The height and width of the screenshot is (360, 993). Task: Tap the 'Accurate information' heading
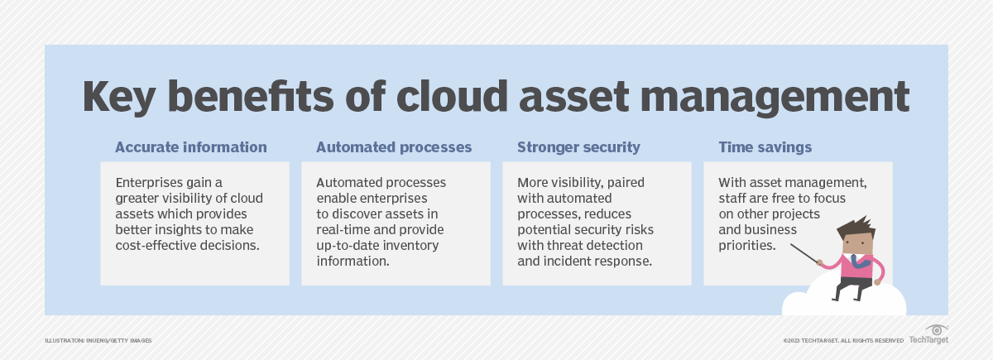coord(191,147)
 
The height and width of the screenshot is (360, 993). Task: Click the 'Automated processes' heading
coord(394,147)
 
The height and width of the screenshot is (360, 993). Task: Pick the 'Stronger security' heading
coord(578,147)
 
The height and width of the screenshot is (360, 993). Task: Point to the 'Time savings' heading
coord(765,147)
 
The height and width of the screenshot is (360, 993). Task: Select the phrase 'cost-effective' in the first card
coord(155,245)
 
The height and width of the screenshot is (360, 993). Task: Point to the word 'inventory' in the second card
coord(410,245)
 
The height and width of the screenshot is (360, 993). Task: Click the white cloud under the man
coord(844,305)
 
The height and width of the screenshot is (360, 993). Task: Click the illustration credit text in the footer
coord(98,340)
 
